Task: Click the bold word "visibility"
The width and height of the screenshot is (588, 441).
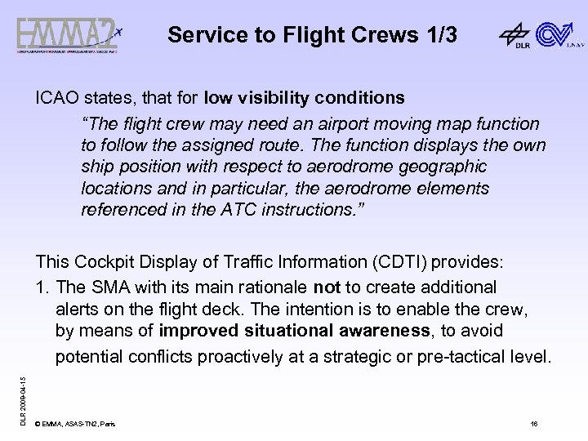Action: (278, 98)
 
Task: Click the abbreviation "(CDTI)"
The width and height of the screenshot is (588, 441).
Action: (398, 262)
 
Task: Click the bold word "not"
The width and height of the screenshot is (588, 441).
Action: (327, 287)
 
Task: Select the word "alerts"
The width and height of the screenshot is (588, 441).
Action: (77, 309)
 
